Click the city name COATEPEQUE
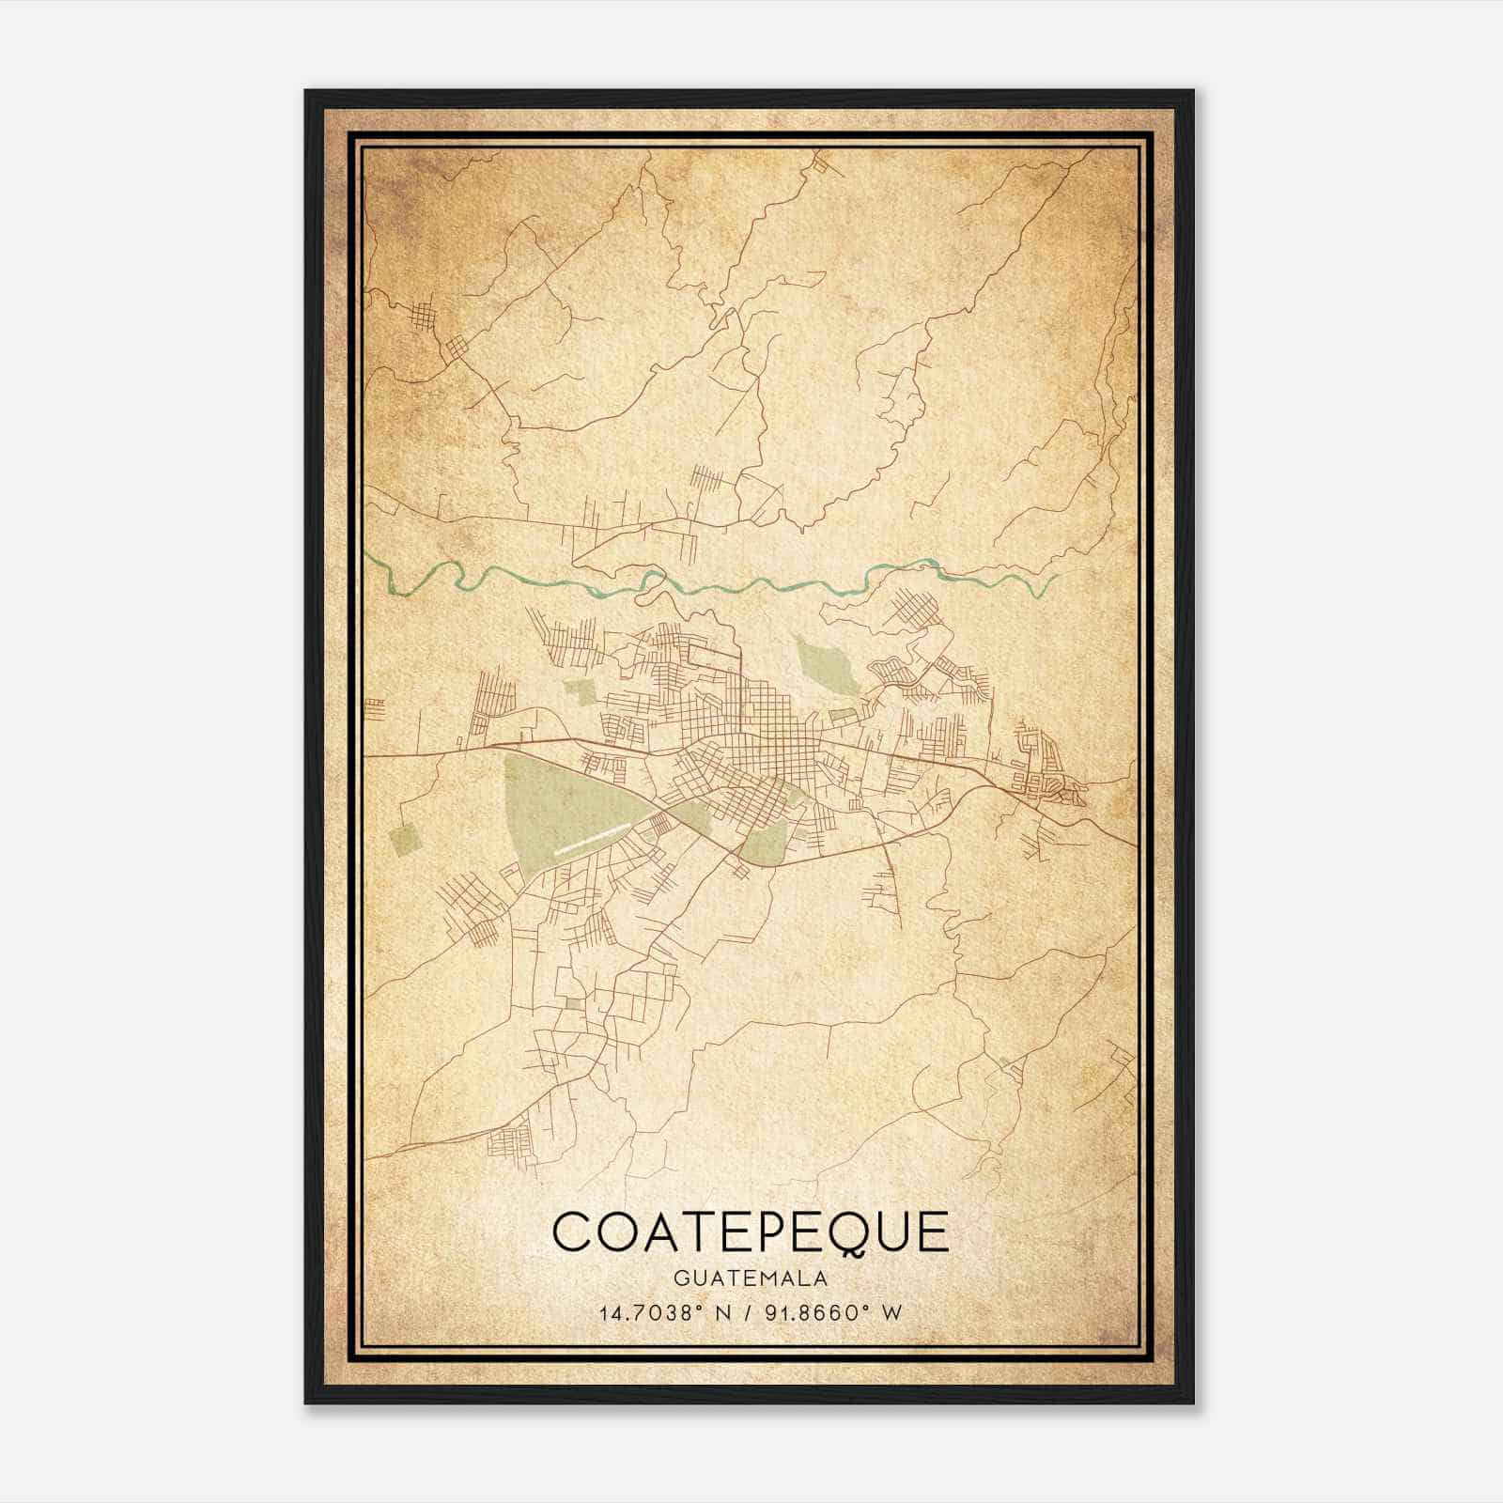point(751,1232)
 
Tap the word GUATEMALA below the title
point(751,1278)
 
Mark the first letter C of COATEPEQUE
point(570,1232)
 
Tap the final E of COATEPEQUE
point(936,1232)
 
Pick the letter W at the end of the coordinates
point(892,1312)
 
